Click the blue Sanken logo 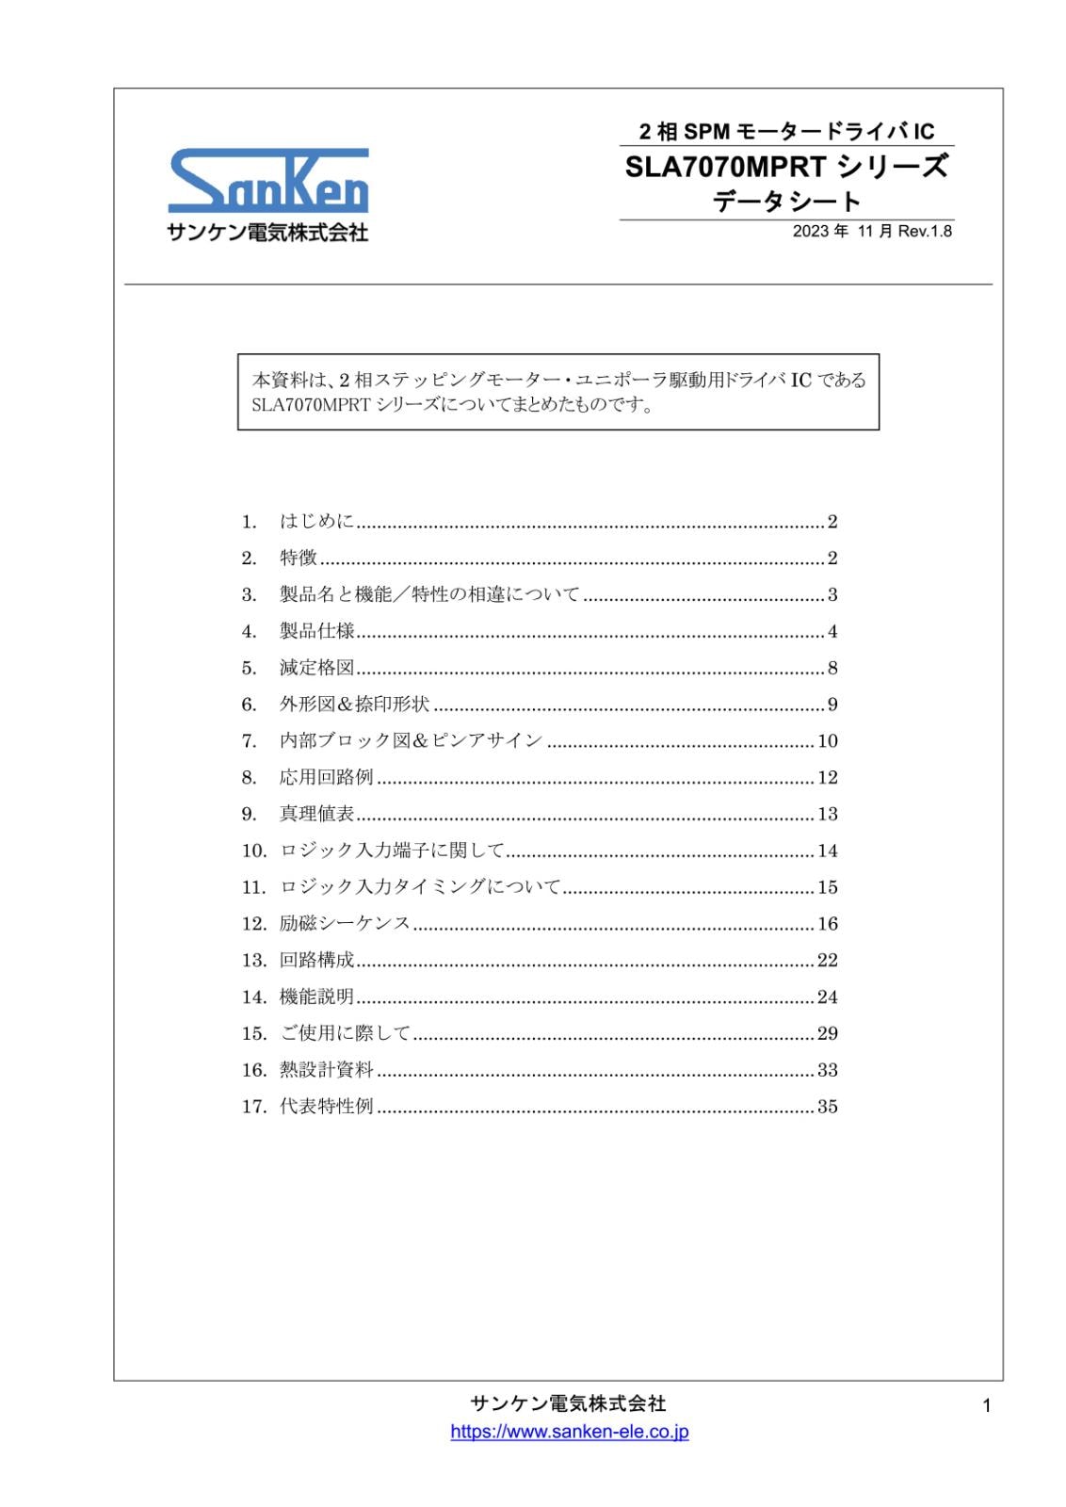click(x=268, y=180)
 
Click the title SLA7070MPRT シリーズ click(x=786, y=168)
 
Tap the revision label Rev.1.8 click(x=925, y=232)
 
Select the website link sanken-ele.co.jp click(x=569, y=1432)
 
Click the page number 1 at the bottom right click(x=986, y=1406)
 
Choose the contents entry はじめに click(x=316, y=522)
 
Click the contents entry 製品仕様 click(x=316, y=631)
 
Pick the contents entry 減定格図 click(x=316, y=668)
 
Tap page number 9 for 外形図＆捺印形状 click(x=832, y=705)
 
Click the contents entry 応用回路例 click(x=326, y=777)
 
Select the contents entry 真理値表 click(x=316, y=814)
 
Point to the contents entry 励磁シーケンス click(x=345, y=923)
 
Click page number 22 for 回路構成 click(x=827, y=960)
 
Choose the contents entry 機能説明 click(x=316, y=997)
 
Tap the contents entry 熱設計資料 click(x=326, y=1070)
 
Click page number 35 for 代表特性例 click(x=827, y=1107)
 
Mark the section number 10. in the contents click(x=254, y=851)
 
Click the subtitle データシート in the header click(x=786, y=202)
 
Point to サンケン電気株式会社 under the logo click(x=267, y=232)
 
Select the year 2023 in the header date click(x=811, y=232)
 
